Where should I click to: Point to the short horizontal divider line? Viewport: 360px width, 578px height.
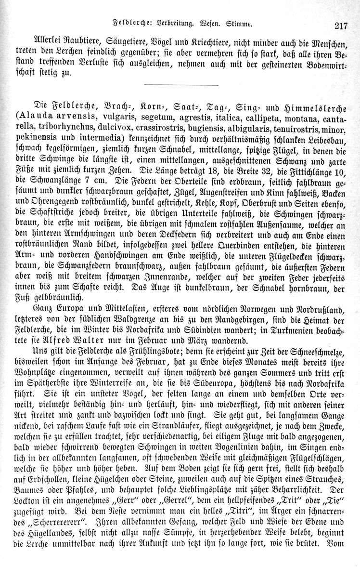tap(181, 86)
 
